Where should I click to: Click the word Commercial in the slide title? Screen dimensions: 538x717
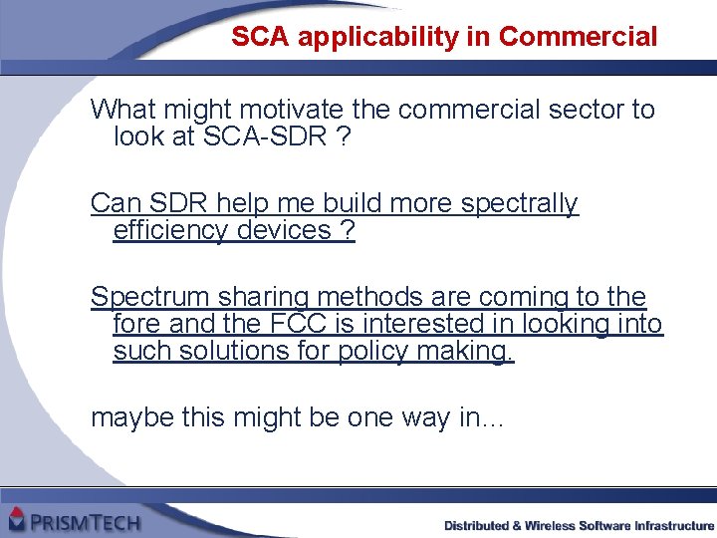click(578, 38)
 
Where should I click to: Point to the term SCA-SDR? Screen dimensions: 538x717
click(264, 136)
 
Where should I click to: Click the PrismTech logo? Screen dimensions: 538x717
click(75, 520)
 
